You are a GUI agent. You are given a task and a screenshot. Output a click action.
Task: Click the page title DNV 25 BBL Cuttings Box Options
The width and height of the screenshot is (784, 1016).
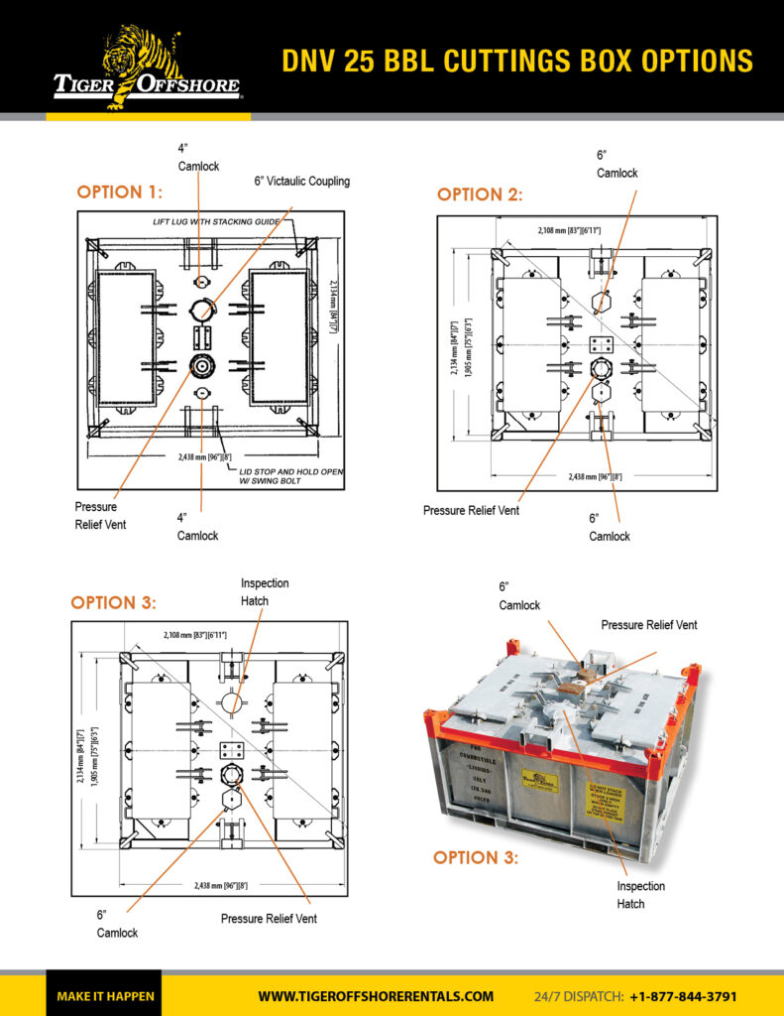point(516,61)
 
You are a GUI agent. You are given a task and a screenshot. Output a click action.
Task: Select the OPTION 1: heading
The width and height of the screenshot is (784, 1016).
point(120,191)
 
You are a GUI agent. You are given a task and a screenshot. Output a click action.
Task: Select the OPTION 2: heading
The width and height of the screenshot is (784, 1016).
point(480,194)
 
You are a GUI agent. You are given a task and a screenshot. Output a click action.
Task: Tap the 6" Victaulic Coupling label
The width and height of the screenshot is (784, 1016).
point(302,182)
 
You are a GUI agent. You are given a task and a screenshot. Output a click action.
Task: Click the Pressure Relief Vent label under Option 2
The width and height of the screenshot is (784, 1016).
point(471,510)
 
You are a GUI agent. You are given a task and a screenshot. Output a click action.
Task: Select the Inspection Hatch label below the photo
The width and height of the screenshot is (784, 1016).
point(640,894)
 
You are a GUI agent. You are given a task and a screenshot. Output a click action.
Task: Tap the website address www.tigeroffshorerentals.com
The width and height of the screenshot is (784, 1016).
point(376,996)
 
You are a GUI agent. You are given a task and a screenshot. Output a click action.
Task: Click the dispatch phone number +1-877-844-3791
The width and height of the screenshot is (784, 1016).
point(683,996)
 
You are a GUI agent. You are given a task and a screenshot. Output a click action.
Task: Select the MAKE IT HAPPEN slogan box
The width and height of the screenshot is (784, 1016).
point(105,996)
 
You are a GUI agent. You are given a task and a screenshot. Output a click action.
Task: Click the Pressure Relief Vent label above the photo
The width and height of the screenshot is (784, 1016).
point(648,625)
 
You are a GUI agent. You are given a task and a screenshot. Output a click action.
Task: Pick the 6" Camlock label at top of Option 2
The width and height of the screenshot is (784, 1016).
point(616,164)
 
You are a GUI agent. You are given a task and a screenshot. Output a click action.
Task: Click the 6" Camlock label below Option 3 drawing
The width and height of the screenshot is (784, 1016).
point(117,924)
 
